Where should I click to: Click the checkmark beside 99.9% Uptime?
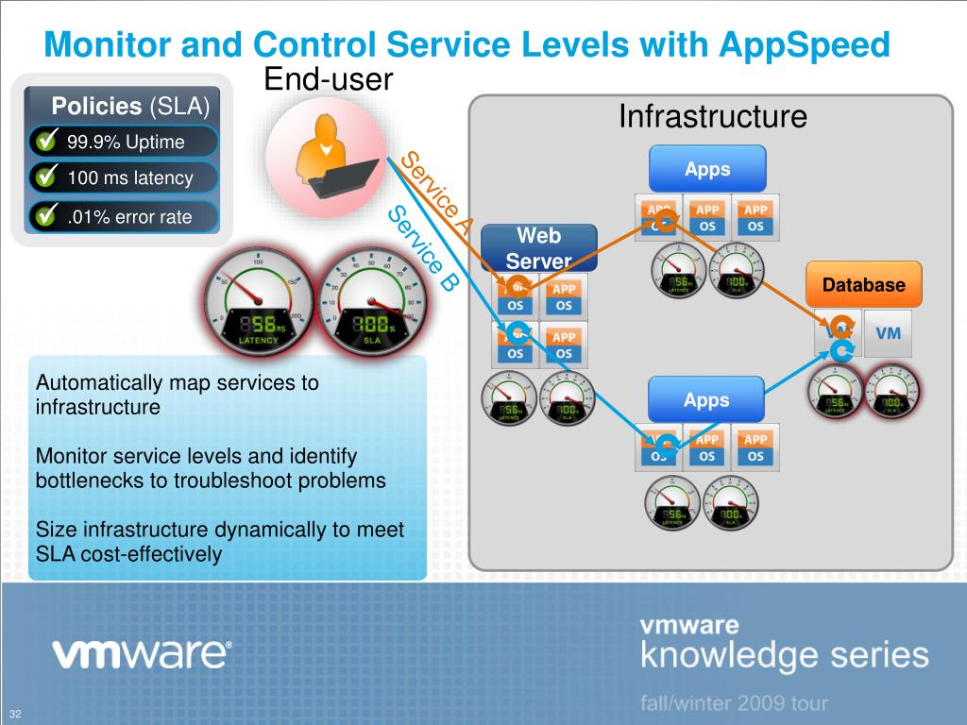(44, 142)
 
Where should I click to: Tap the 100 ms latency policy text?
(130, 177)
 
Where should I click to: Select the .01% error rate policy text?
(129, 218)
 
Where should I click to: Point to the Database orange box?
(863, 285)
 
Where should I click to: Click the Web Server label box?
(538, 248)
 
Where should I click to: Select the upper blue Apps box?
(707, 169)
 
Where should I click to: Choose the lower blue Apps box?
(707, 400)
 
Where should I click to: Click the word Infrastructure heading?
(713, 117)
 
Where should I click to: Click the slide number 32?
(16, 712)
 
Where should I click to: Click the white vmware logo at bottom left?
(141, 654)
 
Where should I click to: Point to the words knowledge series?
(784, 655)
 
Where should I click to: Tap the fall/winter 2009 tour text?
(734, 703)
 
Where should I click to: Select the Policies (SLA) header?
(130, 105)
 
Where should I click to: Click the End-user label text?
(328, 79)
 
